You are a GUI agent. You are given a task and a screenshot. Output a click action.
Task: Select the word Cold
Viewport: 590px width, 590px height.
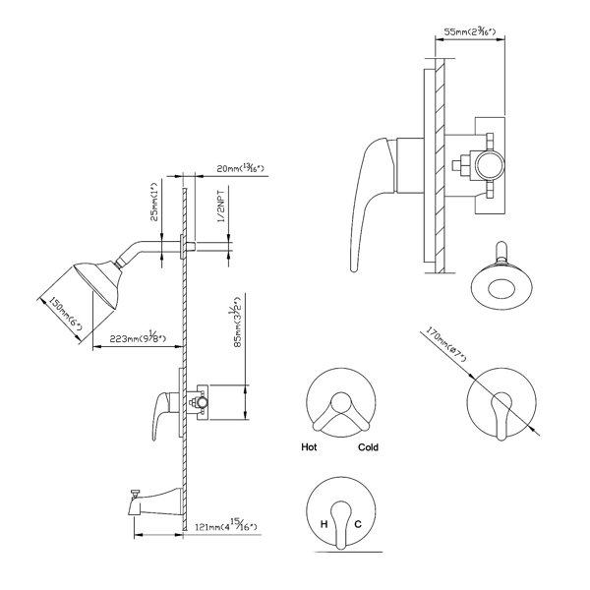point(369,447)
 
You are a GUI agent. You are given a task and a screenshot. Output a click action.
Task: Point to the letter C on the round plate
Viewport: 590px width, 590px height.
point(358,524)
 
